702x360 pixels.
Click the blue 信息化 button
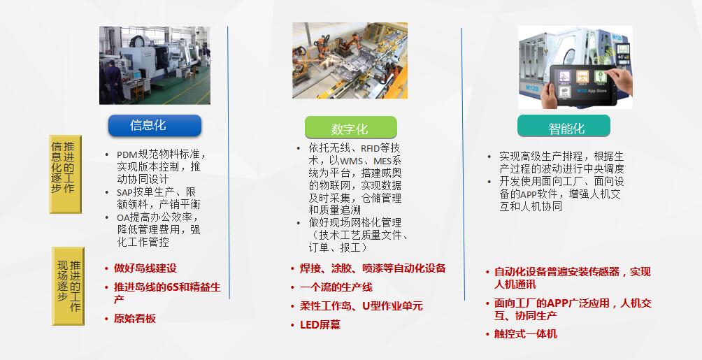[x=155, y=125]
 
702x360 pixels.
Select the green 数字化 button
[x=350, y=127]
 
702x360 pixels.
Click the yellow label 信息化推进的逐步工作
[x=66, y=174]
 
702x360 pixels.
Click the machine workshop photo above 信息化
[x=155, y=65]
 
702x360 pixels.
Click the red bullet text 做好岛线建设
[x=145, y=268]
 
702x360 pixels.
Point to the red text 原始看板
[x=135, y=318]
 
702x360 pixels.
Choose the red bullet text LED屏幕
[x=321, y=324]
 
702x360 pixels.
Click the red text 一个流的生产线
[x=337, y=287]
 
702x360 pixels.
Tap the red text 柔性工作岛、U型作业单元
[x=361, y=306]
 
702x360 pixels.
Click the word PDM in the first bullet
[x=127, y=155]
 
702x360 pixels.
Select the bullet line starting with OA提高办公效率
[x=158, y=217]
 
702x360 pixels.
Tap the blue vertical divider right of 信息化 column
[x=228, y=161]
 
